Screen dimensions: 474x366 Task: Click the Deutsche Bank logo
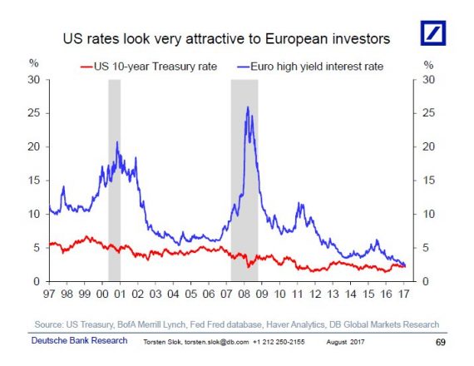[433, 33]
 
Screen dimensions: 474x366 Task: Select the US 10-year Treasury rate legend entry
[149, 67]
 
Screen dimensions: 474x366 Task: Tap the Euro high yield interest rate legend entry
[310, 67]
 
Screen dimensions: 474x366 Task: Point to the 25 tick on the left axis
[33, 113]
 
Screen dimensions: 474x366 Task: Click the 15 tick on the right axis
[428, 181]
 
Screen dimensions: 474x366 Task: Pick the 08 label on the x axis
[244, 294]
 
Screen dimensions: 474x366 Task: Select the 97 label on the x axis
[49, 294]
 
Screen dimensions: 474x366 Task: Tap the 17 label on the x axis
[404, 294]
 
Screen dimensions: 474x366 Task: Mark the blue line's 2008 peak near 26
[248, 106]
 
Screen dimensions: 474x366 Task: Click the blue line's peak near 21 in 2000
[117, 141]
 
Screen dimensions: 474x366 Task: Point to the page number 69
[441, 342]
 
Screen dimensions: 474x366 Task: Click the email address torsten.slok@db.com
[216, 342]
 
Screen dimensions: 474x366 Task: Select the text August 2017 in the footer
[345, 342]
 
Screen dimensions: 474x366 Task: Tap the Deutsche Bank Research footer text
[79, 340]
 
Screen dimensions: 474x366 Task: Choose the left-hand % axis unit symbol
[34, 63]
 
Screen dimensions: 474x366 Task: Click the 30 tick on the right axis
[428, 80]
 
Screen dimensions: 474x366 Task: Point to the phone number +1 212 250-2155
[279, 342]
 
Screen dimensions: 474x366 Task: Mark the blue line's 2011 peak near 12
[299, 203]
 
